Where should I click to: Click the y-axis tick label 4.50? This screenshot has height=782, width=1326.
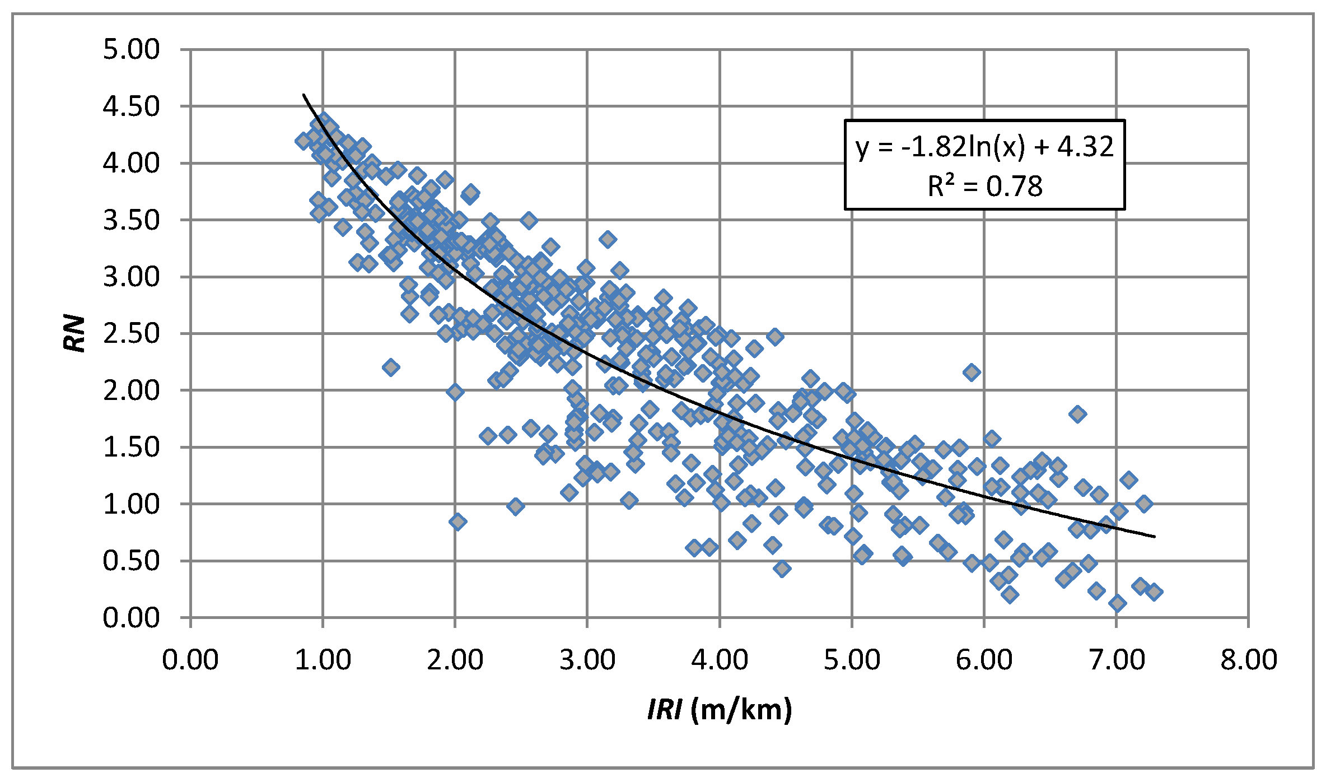(131, 106)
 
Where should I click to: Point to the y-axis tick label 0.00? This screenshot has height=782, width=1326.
(131, 618)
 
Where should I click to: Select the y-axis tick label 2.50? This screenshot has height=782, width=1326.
(131, 334)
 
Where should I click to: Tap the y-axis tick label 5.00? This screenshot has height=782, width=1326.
(131, 50)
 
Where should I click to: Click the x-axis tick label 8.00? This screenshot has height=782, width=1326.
(1249, 659)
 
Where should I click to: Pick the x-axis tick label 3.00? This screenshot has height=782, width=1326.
(587, 659)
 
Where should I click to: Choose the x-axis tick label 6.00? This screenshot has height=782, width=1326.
(984, 659)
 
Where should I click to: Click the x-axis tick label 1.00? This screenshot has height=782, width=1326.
(323, 659)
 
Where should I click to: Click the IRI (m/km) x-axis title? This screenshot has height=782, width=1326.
(720, 710)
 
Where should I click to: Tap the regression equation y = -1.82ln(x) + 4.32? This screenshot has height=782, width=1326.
(984, 147)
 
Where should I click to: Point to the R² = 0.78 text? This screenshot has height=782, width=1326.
(984, 186)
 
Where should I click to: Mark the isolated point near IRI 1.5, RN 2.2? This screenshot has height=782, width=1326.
(391, 367)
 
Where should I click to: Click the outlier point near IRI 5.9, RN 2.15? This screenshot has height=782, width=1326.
(972, 372)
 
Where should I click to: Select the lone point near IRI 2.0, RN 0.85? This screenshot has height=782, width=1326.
(457, 522)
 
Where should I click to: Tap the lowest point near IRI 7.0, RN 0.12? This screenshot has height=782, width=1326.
(1117, 603)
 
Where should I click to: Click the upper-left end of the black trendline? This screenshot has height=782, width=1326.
(304, 95)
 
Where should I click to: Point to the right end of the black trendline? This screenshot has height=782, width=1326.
(1155, 537)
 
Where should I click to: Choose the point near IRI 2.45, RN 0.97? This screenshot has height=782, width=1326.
(516, 506)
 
